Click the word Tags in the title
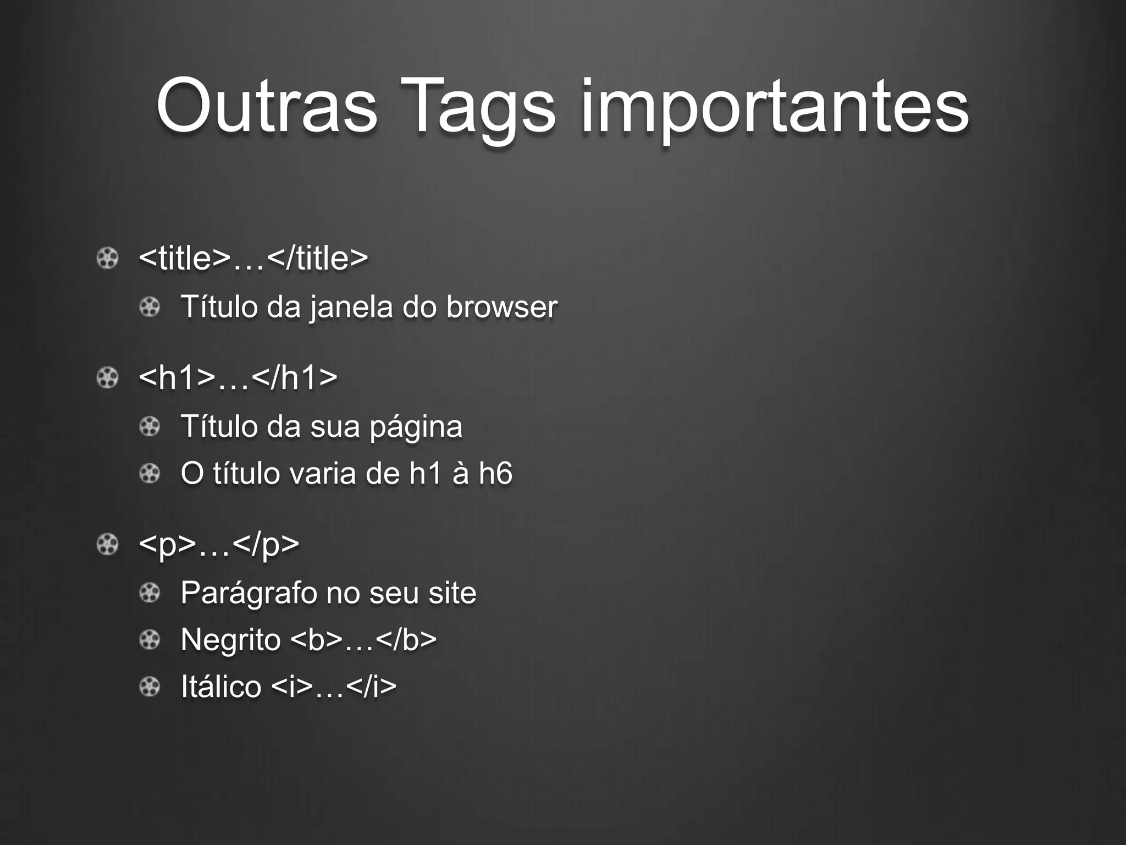(x=478, y=108)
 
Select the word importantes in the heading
(x=775, y=108)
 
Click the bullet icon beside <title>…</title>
(x=107, y=258)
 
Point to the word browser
(x=501, y=307)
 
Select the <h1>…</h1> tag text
(x=238, y=377)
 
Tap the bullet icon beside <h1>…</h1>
(x=107, y=378)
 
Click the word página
(x=416, y=427)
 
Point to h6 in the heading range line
(x=495, y=474)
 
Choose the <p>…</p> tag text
(x=219, y=545)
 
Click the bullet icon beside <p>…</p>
(x=107, y=545)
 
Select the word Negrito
(x=231, y=640)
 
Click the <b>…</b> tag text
(x=363, y=640)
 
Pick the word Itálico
(x=221, y=687)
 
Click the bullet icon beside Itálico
(x=150, y=687)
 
